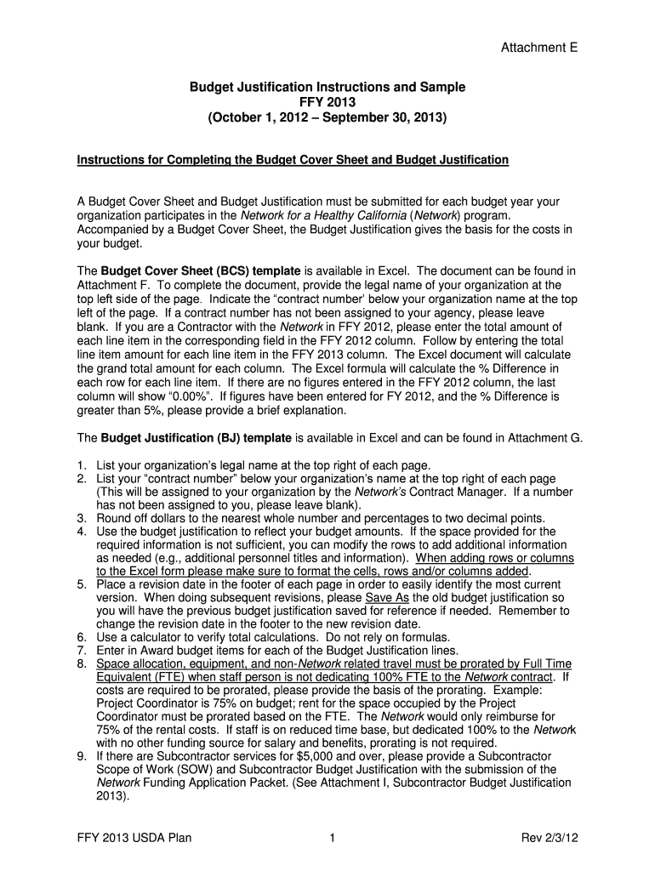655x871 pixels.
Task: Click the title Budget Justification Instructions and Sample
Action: [x=327, y=88]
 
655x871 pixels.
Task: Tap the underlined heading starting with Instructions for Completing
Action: [x=293, y=160]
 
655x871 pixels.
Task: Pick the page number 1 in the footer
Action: [x=333, y=839]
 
